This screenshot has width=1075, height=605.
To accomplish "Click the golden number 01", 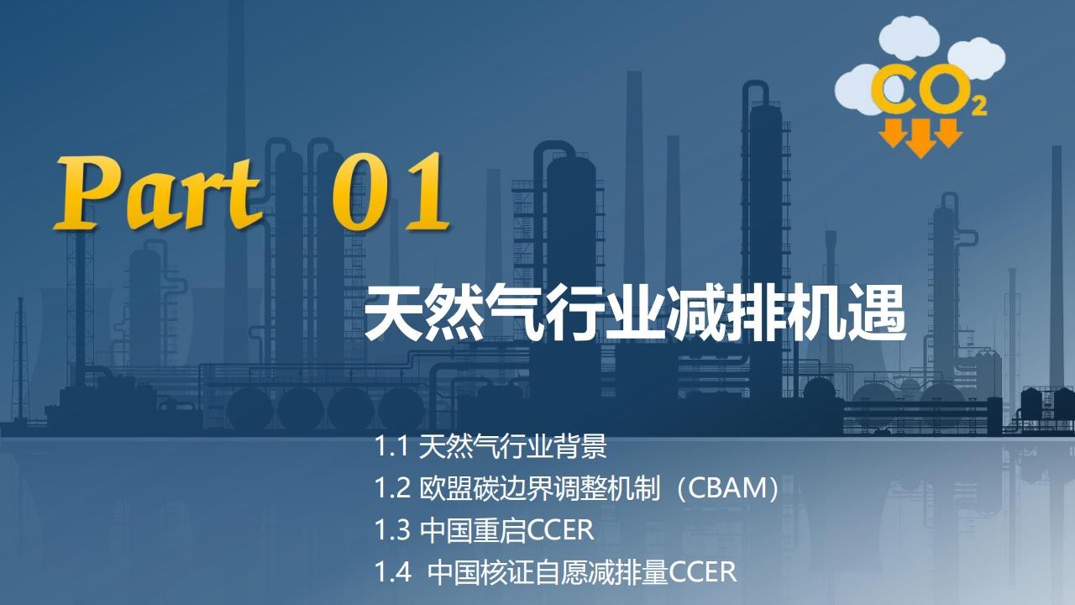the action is (391, 192).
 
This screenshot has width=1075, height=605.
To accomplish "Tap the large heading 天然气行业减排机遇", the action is (635, 314).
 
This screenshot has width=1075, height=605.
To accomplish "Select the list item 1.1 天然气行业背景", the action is (490, 446).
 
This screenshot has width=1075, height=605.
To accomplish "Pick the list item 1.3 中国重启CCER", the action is (484, 530).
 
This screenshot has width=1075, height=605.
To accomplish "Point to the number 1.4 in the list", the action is (392, 572).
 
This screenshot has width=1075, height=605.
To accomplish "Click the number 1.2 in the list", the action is (392, 489).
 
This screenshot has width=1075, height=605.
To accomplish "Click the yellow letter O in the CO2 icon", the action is (943, 88).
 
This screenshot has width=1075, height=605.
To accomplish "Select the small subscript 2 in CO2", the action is (979, 107).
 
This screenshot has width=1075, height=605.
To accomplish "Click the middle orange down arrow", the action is (920, 139).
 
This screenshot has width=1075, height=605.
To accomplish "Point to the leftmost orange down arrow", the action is (894, 133).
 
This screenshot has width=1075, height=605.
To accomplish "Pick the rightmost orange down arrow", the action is (948, 133).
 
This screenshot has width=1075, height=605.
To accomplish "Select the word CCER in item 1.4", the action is (703, 572).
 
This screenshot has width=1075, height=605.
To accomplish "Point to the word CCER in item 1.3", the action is (560, 530).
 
